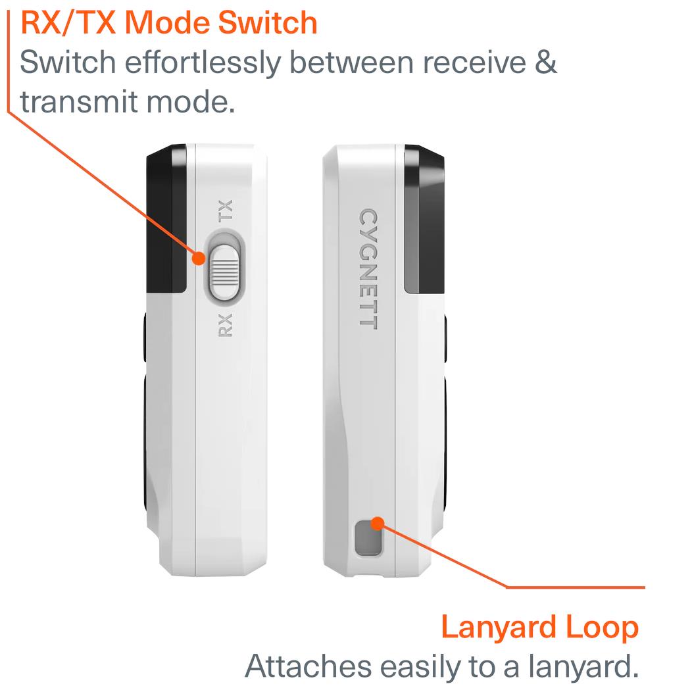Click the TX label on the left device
tap(225, 210)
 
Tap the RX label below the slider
tap(226, 325)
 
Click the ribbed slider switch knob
tap(225, 272)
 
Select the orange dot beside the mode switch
tap(199, 258)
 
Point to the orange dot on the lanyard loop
tap(378, 524)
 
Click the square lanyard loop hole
tap(368, 537)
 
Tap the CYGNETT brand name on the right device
tap(368, 269)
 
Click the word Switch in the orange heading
tap(268, 22)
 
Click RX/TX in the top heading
tap(68, 22)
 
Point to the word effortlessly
tap(203, 62)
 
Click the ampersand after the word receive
tap(547, 62)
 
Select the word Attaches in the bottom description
tap(308, 666)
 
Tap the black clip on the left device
tap(166, 218)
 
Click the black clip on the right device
tap(424, 218)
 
